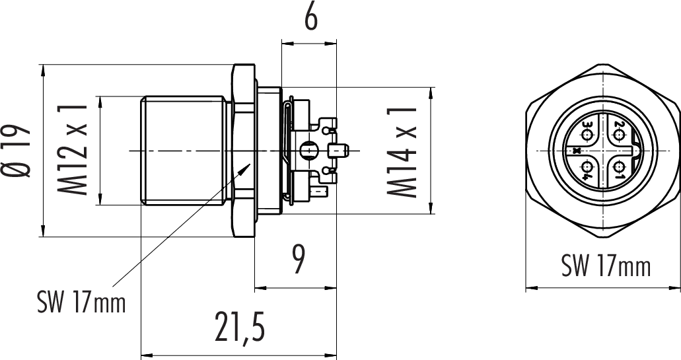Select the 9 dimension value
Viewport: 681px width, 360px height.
298,260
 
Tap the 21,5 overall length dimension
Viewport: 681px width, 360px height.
240,329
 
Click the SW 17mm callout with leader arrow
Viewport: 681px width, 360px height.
81,302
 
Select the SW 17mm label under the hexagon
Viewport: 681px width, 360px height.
606,265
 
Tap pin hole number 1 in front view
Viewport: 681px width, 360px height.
620,167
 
